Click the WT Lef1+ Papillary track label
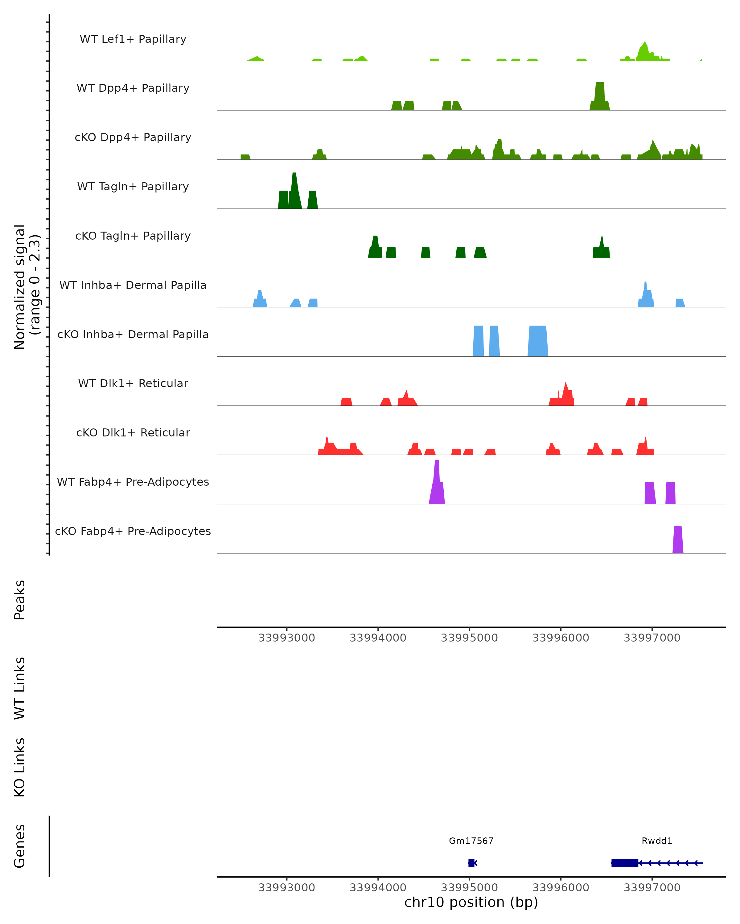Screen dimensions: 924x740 (x=133, y=39)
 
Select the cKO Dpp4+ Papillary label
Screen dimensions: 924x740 (x=133, y=138)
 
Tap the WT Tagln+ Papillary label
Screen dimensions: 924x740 (x=133, y=187)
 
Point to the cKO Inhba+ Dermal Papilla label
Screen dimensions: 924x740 (x=133, y=335)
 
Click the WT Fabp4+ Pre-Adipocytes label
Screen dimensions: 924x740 (x=133, y=482)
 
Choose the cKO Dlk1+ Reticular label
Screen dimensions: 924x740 (x=133, y=433)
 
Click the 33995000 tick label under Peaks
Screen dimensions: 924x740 (x=469, y=638)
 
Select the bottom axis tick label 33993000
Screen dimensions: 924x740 (x=286, y=888)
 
